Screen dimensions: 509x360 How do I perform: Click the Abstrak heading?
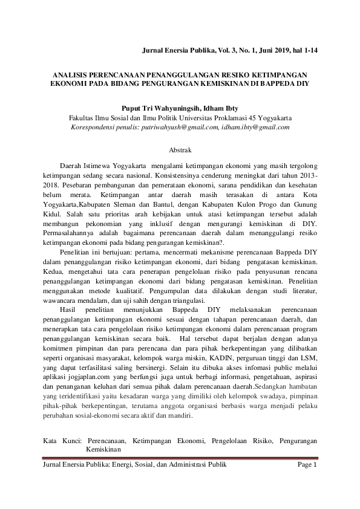[x=180, y=148]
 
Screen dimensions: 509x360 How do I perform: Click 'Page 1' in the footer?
[x=307, y=464]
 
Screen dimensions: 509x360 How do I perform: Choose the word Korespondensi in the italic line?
[x=95, y=128]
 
